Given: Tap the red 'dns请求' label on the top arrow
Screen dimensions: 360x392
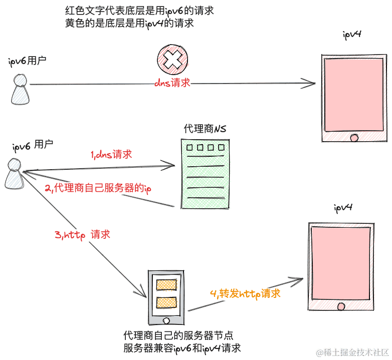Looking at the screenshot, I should click(x=172, y=83).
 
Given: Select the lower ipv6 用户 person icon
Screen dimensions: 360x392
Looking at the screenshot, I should click(x=14, y=174).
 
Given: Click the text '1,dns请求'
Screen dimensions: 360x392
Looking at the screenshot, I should click(x=111, y=155).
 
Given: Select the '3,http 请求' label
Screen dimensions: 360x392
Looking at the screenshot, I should click(x=82, y=234).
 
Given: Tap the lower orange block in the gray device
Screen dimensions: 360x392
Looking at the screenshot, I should click(x=166, y=302).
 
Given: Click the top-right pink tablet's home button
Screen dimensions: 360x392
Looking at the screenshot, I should click(x=354, y=137).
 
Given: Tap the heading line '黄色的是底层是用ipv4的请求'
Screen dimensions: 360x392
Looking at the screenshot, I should click(x=130, y=23).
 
